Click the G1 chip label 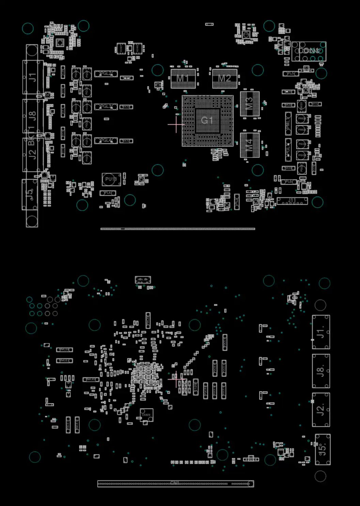click(207, 120)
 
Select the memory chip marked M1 click(183, 79)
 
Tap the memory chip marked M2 click(224, 79)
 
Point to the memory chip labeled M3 click(249, 103)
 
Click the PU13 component click(111, 179)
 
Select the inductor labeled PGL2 click(106, 74)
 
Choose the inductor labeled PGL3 click(106, 107)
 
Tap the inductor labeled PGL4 click(106, 141)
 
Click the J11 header click(292, 201)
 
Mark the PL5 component click(291, 74)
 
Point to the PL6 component click(289, 182)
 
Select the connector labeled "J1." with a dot click(321, 332)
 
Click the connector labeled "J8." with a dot click(321, 371)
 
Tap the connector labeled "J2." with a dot click(321, 410)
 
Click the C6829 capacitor click(146, 415)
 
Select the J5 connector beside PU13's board click(30, 194)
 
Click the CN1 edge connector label click(175, 483)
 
